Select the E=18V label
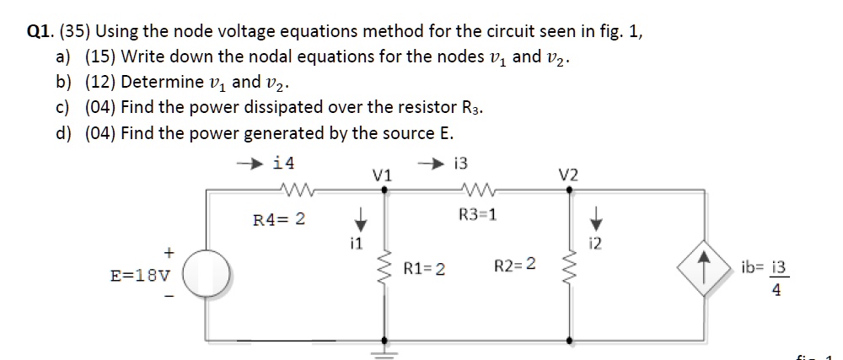pos(140,275)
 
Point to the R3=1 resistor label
pos(477,213)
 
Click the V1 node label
pos(382,175)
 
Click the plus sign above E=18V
pos(169,251)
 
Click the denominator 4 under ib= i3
pos(776,292)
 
